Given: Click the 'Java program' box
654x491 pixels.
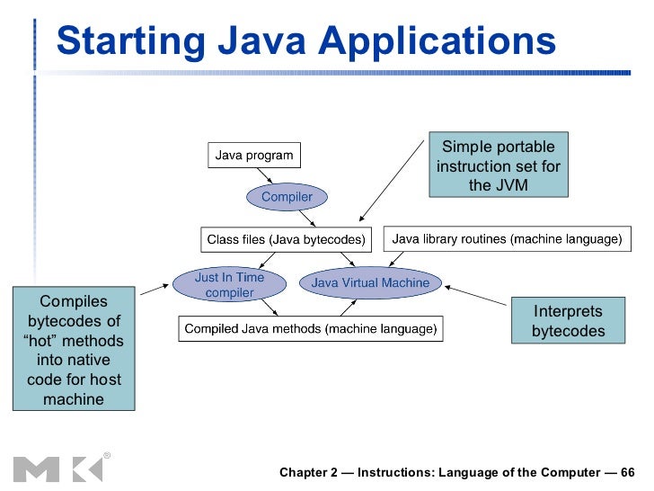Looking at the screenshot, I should click(x=253, y=156).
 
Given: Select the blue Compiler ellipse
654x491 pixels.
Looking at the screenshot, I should click(x=287, y=196).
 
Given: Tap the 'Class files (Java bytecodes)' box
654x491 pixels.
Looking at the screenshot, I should click(x=286, y=239).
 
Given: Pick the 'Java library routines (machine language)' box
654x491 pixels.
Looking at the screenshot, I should click(x=507, y=239).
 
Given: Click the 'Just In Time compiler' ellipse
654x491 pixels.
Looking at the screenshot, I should click(x=230, y=284).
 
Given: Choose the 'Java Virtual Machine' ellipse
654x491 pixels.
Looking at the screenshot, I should click(x=370, y=283).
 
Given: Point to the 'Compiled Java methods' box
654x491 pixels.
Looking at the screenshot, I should click(x=310, y=329).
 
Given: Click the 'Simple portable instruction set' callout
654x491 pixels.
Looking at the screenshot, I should click(x=499, y=166).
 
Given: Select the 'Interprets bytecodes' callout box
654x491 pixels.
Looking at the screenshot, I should click(x=568, y=321).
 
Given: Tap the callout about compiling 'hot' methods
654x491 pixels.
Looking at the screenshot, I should click(x=74, y=349).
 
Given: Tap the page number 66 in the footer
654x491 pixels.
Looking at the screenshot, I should click(x=627, y=472).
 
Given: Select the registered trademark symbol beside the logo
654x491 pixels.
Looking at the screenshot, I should click(x=107, y=455).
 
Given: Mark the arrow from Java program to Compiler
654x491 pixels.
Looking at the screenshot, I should click(x=269, y=177).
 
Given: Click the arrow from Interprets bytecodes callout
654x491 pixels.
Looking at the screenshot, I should click(x=476, y=297).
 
